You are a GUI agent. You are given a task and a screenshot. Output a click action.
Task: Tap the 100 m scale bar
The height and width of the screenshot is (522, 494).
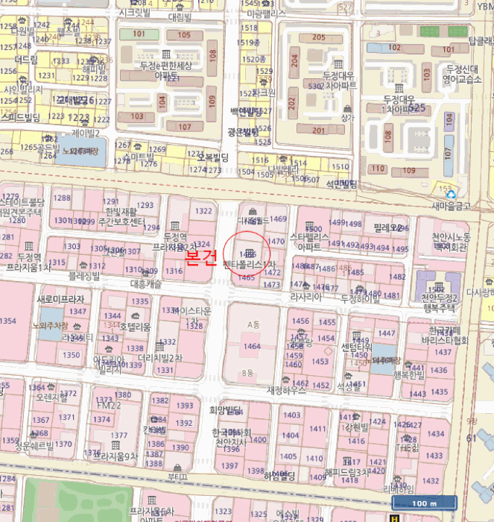coord(421,503)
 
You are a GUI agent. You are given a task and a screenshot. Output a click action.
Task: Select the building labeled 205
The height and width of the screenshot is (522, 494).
coord(318,38)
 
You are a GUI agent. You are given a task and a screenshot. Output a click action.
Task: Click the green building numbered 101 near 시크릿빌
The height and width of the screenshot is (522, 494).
coord(139,34)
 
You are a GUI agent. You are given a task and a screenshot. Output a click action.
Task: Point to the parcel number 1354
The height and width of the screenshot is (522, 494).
coord(7,321)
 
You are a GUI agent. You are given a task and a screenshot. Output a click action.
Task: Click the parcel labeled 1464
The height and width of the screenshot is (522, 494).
coord(253,346)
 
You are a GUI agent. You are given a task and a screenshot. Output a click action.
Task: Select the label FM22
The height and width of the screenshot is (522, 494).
coord(109,405)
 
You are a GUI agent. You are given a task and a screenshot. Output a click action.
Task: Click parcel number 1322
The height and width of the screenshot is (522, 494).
coord(203,212)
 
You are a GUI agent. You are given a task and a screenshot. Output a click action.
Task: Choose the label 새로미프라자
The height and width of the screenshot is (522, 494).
coord(61,299)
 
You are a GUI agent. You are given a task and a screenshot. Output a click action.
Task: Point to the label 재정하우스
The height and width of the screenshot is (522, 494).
coord(287,390)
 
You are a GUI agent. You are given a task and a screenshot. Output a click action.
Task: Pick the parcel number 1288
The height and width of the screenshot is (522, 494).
coord(61,198)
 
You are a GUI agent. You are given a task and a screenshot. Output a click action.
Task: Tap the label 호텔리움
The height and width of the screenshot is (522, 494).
coord(135,327)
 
